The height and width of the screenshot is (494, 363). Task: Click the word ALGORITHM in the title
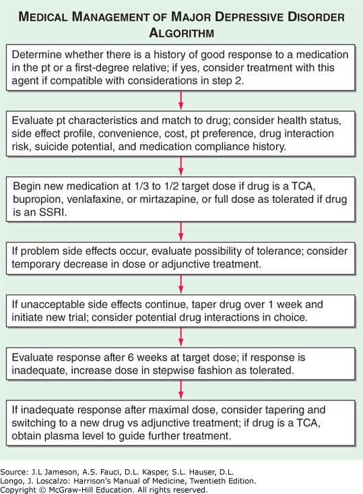[x=182, y=33]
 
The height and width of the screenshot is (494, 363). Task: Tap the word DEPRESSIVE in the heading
[x=248, y=17]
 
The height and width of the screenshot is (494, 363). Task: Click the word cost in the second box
[x=176, y=133]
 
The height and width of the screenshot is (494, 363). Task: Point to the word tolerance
[x=280, y=251]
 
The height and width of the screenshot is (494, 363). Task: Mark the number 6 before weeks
[x=131, y=357]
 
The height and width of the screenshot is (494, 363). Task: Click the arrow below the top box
[x=180, y=100]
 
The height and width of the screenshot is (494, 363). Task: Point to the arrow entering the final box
[x=180, y=390]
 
